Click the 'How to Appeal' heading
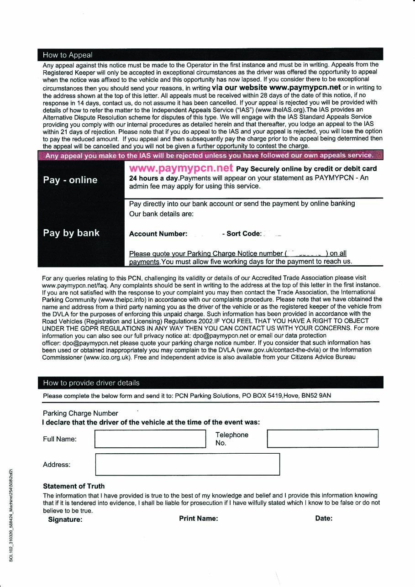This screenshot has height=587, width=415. [68, 55]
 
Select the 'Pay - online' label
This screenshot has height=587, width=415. [70, 180]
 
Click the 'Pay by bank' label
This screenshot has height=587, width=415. [71, 233]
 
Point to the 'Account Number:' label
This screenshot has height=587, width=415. [158, 234]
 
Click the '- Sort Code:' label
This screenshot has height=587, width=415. [242, 234]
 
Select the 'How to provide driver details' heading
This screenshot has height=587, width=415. [91, 383]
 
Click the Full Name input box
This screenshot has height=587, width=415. [150, 439]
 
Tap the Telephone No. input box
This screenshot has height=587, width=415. [322, 438]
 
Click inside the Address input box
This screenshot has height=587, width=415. [187, 464]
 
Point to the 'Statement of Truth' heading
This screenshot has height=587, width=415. [74, 486]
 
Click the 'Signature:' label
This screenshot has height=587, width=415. [65, 519]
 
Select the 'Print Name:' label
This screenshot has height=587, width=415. [199, 518]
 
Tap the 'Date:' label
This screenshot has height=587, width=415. [324, 518]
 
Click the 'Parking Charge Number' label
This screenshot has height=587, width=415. [80, 413]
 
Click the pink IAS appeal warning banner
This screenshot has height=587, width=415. [210, 155]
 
